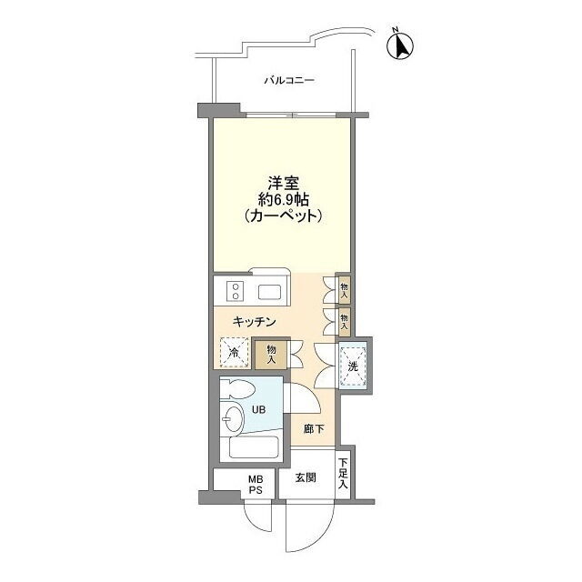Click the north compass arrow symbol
point(400,45)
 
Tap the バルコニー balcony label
point(289,80)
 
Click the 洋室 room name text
point(284,183)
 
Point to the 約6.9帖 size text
point(283,200)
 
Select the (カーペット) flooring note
point(283,216)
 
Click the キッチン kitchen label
point(255,321)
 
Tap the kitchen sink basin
point(271,292)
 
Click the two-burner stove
point(235,291)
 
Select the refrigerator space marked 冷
point(235,352)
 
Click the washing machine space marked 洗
point(353,366)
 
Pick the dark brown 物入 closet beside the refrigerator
point(271,354)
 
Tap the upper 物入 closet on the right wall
point(344,290)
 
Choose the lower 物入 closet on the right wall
point(344,322)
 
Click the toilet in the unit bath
point(238,389)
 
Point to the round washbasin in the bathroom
point(233,418)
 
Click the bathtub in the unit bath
point(254,447)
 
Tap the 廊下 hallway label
point(314,429)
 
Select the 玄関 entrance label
point(306,477)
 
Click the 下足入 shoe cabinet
point(344,474)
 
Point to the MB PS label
point(256,485)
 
